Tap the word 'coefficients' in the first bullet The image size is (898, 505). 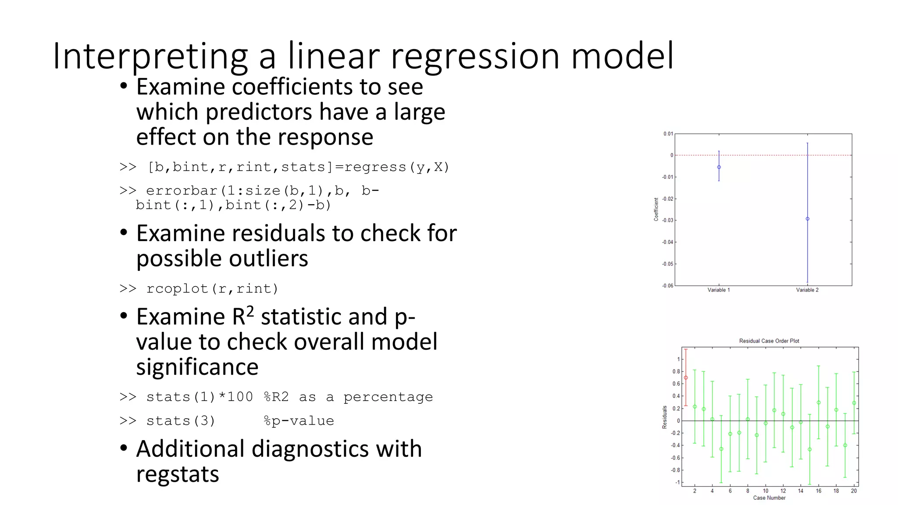tap(292, 87)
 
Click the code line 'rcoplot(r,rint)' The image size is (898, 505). tap(212, 288)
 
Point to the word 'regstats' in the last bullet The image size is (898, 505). tap(178, 474)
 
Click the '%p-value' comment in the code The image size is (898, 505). tap(299, 421)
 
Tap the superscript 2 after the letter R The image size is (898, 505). tap(249, 312)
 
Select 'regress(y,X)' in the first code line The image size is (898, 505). tap(397, 167)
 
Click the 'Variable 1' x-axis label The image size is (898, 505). tap(719, 290)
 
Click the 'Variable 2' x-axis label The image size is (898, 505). tap(807, 290)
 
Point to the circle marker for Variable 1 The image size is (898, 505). tap(719, 167)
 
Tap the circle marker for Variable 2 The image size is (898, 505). tap(808, 219)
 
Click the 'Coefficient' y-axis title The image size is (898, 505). tap(656, 209)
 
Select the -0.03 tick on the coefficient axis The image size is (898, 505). tap(667, 220)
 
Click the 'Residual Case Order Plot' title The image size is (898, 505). tap(769, 341)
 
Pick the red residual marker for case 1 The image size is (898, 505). tap(686, 377)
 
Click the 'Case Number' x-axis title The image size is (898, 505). tap(769, 498)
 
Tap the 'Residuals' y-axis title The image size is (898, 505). tap(665, 417)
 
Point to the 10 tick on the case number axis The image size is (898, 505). tap(766, 491)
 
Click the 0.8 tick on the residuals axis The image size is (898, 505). tap(676, 372)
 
